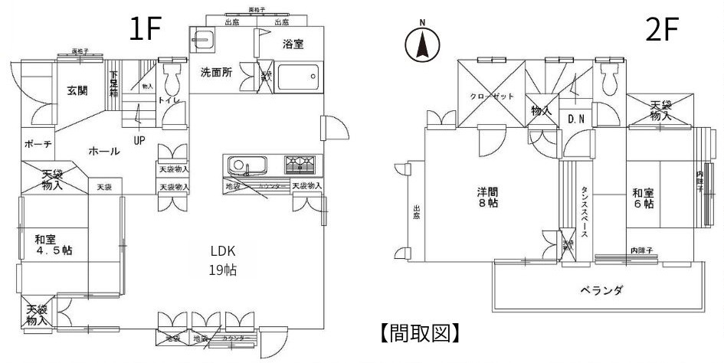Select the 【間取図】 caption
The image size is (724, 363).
[x=421, y=332]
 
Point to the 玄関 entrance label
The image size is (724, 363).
[x=77, y=90]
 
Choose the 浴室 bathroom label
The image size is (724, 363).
[x=293, y=44]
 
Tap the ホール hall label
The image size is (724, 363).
[x=103, y=151]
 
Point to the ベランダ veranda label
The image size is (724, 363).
[x=601, y=289]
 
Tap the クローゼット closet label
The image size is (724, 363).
[x=491, y=97]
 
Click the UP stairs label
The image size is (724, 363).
[x=140, y=140]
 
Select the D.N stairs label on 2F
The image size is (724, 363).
[x=576, y=118]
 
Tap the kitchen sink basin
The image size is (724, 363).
[x=245, y=165]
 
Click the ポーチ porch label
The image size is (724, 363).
[x=38, y=144]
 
